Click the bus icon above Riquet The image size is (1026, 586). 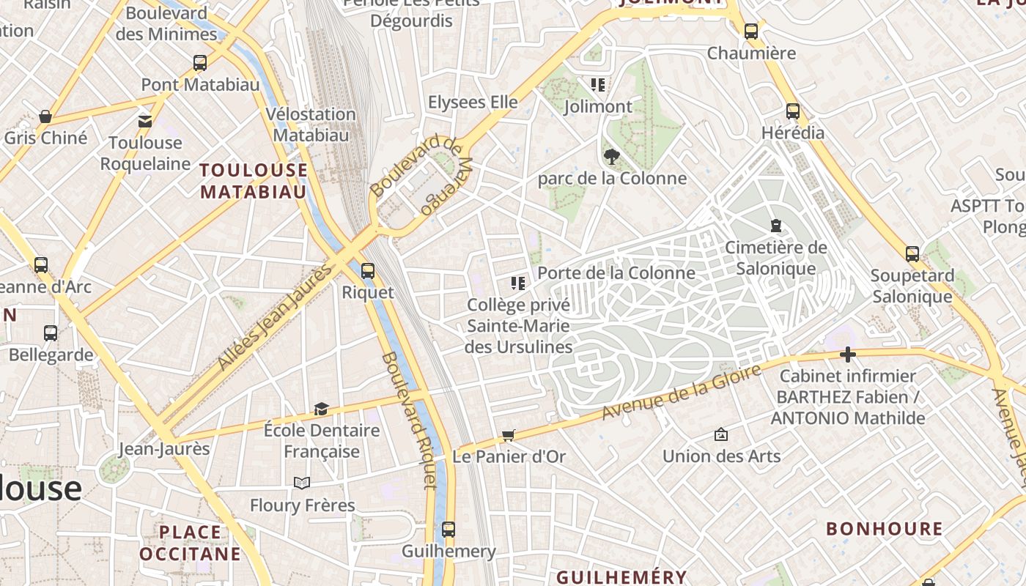point(368,271)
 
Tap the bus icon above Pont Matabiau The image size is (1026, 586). point(200,63)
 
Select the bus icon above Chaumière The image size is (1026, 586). point(751,31)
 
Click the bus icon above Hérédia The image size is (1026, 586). point(793,111)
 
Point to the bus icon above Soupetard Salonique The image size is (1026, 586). point(912,254)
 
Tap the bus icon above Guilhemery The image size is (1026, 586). point(449,529)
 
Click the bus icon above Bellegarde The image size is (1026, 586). point(51,333)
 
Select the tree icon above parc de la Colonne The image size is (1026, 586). point(611,156)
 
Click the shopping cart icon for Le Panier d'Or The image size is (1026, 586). point(509,436)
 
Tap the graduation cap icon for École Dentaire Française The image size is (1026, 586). point(321,409)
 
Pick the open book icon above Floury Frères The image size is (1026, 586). point(302,483)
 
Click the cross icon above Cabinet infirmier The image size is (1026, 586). point(848,355)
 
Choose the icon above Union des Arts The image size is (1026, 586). point(721,434)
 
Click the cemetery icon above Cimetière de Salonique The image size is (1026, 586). point(776,226)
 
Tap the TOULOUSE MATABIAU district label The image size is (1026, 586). point(254,181)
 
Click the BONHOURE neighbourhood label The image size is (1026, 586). point(885,529)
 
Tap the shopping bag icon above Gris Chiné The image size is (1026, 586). point(45,116)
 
